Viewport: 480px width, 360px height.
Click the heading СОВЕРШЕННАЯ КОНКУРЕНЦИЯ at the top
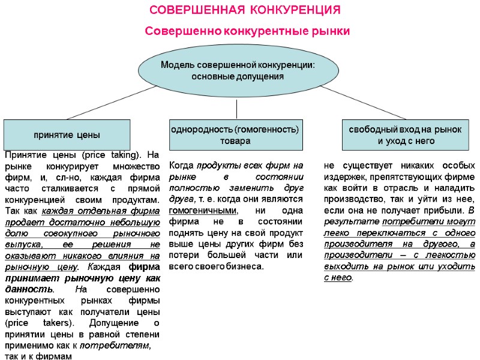pos(244,11)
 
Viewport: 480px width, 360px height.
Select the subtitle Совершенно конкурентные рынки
pos(247,31)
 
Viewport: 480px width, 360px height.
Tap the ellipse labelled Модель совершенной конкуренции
pos(237,71)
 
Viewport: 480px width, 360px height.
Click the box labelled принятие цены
pos(67,134)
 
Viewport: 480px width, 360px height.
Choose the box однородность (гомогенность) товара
pos(235,134)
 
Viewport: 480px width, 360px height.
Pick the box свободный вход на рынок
pos(405,134)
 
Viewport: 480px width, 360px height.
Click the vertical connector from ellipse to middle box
pos(237,109)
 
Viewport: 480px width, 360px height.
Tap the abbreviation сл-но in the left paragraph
pos(77,177)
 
